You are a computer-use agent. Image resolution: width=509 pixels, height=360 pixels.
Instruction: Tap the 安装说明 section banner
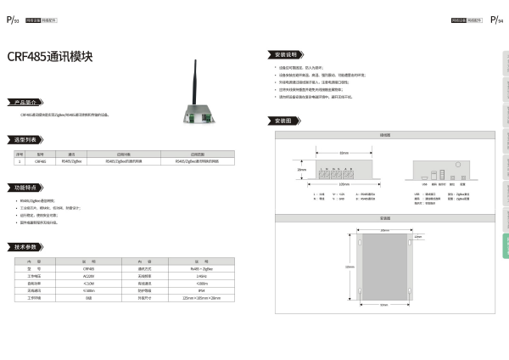(x=284, y=53)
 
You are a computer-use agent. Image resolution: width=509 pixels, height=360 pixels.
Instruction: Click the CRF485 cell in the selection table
(x=41, y=160)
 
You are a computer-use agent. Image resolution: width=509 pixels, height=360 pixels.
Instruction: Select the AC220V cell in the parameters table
(x=88, y=276)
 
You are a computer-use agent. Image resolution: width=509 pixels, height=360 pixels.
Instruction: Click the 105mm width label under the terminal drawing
(x=344, y=183)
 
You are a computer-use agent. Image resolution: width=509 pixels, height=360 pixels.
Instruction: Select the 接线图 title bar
(x=384, y=134)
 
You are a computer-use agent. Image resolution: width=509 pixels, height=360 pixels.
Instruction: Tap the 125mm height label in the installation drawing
(x=350, y=267)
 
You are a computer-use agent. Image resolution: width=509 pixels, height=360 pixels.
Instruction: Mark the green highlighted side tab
(x=506, y=245)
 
